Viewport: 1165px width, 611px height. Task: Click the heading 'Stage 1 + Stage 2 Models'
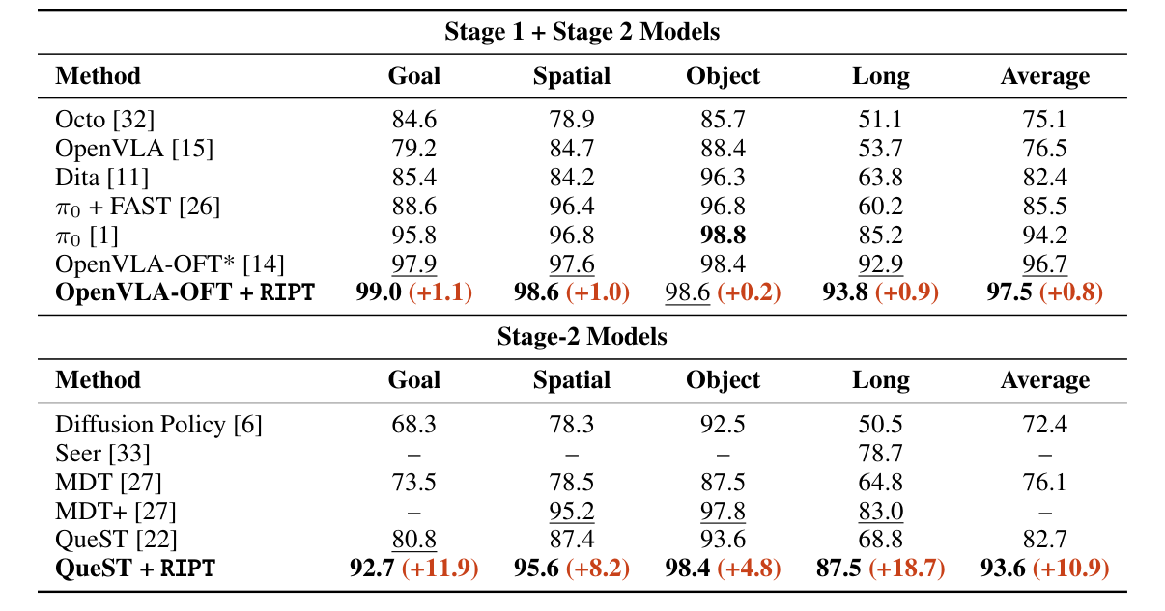582,31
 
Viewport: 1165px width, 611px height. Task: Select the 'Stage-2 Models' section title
582,336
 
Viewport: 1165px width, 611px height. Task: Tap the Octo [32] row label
105,120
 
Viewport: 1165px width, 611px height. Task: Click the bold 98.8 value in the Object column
723,235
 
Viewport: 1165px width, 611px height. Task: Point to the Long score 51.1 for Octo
880,120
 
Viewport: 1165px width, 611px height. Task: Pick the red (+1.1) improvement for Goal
440,292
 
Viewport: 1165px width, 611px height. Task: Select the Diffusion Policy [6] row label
158,425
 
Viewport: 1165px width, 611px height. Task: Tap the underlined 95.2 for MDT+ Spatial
571,512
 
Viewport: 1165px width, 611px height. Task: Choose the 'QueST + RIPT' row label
135,569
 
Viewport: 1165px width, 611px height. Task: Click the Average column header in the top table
1044,76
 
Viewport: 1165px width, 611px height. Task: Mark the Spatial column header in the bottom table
571,380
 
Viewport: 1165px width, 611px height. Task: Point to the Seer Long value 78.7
880,454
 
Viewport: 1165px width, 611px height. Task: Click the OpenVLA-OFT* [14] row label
170,264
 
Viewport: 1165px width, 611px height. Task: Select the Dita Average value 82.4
1044,178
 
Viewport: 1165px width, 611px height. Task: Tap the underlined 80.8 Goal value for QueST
413,540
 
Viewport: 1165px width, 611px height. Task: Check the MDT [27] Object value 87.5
723,483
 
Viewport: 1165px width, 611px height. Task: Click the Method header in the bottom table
98,380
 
